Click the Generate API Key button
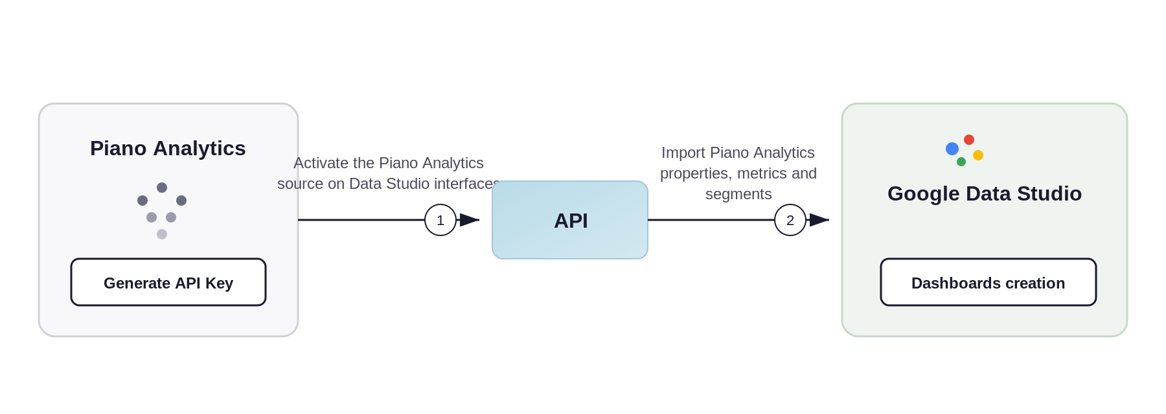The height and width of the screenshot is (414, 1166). coord(168,282)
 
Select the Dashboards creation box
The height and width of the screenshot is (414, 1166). coord(989,282)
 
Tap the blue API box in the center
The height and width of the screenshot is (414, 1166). coord(570,220)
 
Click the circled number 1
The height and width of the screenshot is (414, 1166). coord(440,220)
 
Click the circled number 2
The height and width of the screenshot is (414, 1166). coord(790,220)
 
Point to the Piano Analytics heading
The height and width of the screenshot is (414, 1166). coord(168,148)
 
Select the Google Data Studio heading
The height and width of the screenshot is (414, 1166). coord(985,193)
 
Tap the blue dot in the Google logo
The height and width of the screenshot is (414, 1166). coord(952,149)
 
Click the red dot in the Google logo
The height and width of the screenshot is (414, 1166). coord(969,140)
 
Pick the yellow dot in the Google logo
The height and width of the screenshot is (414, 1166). coord(978,155)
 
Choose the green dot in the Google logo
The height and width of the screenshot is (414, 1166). coord(961,162)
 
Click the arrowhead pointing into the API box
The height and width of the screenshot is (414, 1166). coord(470,220)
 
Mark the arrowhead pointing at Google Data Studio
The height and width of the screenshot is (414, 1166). coord(819,220)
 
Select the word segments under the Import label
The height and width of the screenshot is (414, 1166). coord(738,195)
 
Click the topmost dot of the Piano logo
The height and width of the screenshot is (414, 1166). coord(162,188)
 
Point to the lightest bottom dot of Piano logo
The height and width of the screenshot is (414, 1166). coord(162,234)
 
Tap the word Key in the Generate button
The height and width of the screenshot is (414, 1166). coord(219,284)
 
